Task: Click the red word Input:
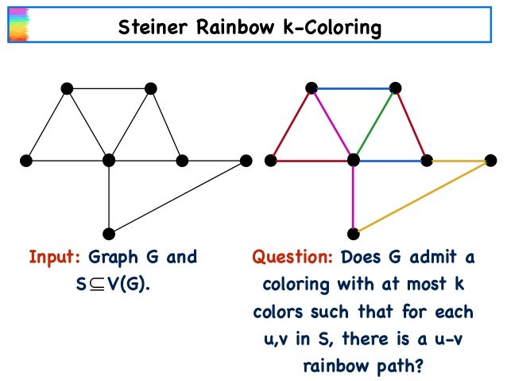[56, 259]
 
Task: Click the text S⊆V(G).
[112, 283]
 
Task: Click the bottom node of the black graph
[109, 233]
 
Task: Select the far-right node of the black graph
[246, 161]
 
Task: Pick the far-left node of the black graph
[25, 161]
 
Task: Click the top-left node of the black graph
[67, 88]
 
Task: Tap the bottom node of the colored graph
[354, 233]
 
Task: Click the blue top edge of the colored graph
[354, 88]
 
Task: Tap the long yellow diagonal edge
[421, 197]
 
